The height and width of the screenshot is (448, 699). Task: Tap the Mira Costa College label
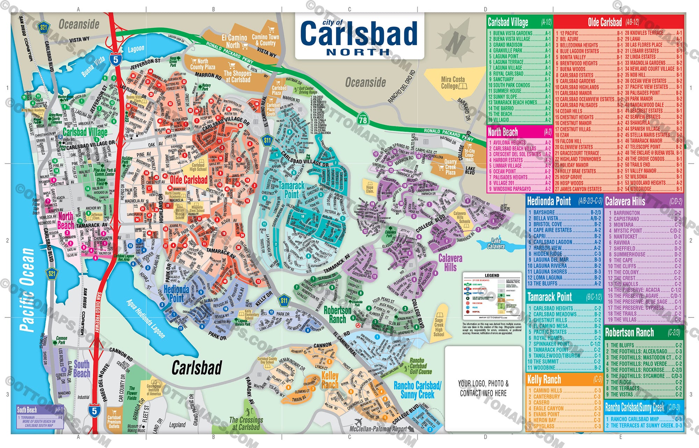(453, 83)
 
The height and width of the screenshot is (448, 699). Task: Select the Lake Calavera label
(496, 243)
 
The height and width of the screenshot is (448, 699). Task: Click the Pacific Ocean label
(27, 290)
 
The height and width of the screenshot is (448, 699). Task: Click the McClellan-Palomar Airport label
(378, 429)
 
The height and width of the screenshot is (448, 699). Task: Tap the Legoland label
(177, 425)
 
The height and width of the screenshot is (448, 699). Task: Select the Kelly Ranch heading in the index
(544, 379)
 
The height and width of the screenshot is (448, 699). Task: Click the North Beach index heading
(503, 132)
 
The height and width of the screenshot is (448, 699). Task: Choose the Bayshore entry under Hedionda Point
(544, 212)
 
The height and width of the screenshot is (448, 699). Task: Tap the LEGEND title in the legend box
(492, 276)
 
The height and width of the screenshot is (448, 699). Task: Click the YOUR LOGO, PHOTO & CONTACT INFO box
(483, 388)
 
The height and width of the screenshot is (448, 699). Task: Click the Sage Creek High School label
(439, 327)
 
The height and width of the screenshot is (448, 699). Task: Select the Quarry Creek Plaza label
(450, 167)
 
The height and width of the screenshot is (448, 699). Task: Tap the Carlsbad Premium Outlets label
(114, 421)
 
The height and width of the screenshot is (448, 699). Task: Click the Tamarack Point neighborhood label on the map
(291, 190)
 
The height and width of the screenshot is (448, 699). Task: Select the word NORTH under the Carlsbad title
(358, 52)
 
